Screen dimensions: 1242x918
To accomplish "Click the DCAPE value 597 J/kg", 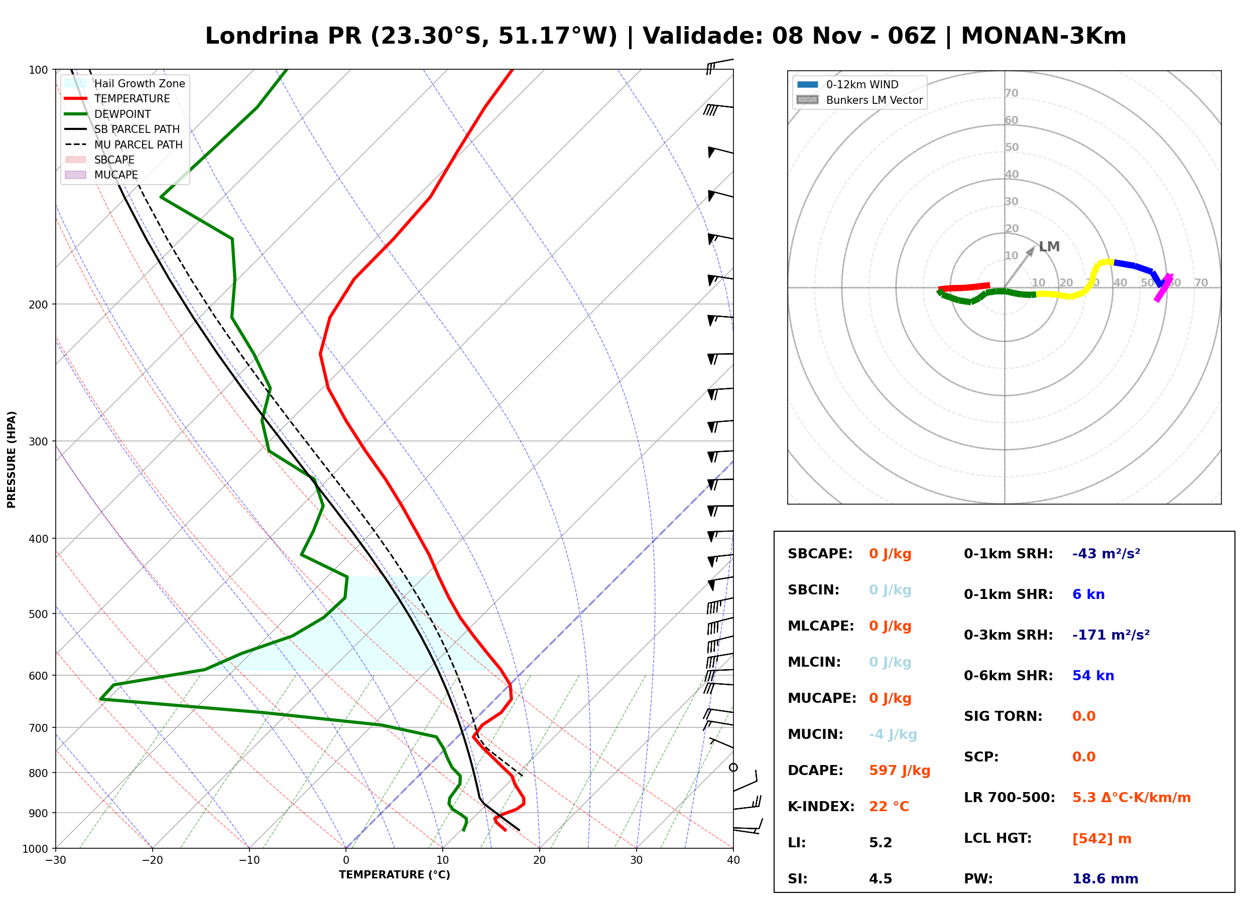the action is [x=900, y=770].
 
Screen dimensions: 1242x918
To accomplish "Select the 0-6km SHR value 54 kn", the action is [x=1093, y=675].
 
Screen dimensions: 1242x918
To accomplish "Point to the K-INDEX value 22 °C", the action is [x=889, y=806].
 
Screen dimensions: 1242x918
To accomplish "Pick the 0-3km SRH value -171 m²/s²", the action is [x=1111, y=635].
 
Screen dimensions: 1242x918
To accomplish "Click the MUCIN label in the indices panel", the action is [x=815, y=734].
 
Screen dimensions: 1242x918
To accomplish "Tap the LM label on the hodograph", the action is [x=1049, y=246].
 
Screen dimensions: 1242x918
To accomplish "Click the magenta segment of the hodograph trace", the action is [x=1163, y=288].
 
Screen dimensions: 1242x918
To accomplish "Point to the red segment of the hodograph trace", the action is [x=964, y=287].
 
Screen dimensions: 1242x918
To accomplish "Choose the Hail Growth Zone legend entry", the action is [x=125, y=83].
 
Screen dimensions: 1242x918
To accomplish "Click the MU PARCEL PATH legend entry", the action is [x=124, y=144].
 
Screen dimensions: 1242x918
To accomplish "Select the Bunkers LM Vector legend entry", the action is [x=859, y=100].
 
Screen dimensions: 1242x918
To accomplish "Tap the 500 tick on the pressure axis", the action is [x=39, y=614].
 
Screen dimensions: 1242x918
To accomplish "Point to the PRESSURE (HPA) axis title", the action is [x=12, y=459].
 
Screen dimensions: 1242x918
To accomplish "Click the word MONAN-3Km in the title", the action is [x=1044, y=36].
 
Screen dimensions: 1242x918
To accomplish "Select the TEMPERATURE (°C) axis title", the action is [x=394, y=875].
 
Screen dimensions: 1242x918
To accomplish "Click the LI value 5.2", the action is [x=880, y=842].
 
